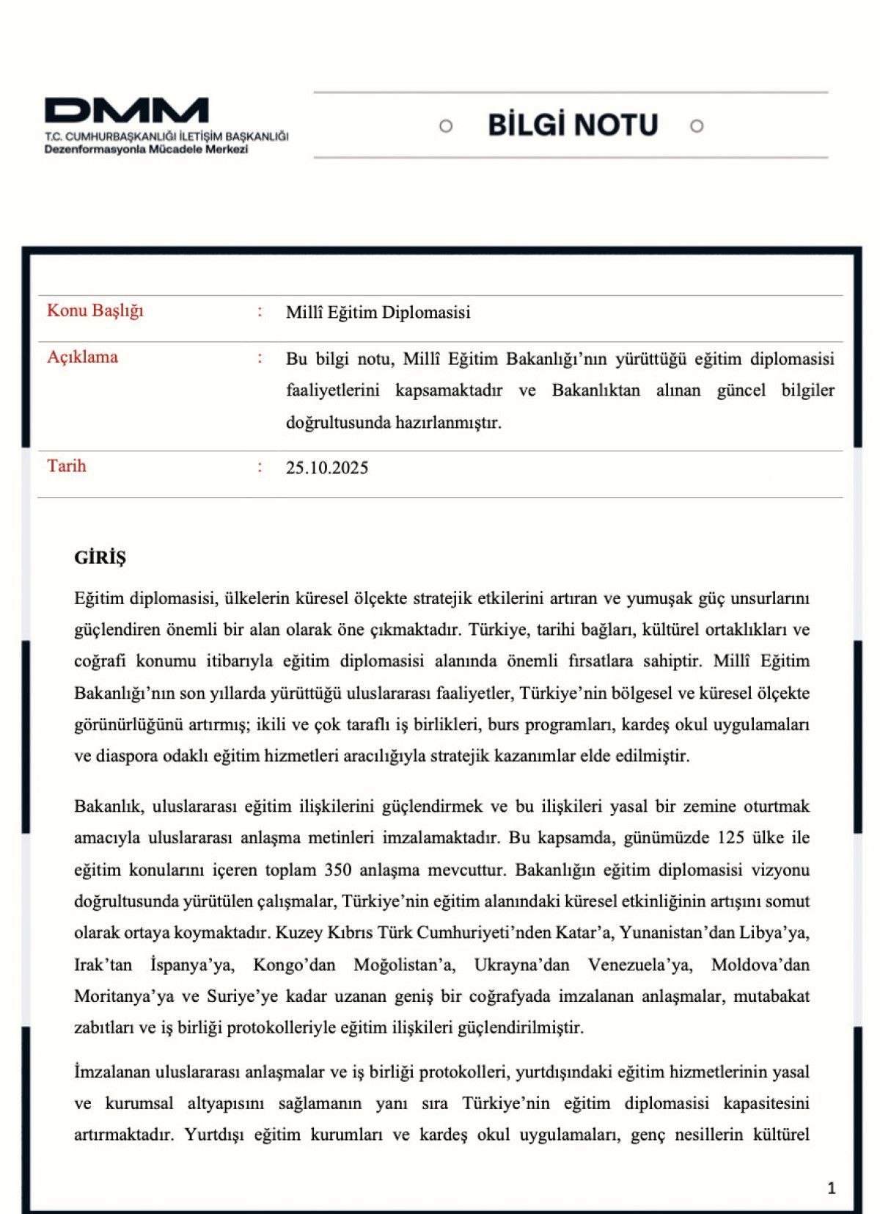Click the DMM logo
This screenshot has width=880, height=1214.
126,111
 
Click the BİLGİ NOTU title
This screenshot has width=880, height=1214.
573,126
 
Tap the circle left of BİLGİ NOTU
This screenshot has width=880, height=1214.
446,126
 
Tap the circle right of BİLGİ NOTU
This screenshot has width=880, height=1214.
697,126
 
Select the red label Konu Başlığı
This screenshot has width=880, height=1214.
95,310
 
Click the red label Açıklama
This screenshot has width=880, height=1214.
82,357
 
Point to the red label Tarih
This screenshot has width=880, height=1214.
67,466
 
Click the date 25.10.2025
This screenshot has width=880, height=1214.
327,468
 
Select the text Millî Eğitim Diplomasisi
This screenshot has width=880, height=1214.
378,313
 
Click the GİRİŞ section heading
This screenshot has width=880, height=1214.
100,558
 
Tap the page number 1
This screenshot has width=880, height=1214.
831,1188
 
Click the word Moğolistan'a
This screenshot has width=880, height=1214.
404,965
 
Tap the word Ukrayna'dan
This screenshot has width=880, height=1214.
521,965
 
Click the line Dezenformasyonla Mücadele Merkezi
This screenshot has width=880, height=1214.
147,150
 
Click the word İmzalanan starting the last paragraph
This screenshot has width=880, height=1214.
111,1072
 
